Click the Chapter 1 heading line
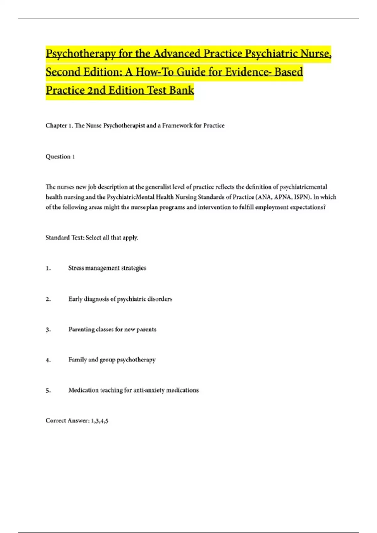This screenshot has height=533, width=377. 135,125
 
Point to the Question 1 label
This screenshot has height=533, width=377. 60,156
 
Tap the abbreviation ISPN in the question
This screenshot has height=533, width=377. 301,197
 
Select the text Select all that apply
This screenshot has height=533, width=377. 112,237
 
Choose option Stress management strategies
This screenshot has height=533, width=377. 107,268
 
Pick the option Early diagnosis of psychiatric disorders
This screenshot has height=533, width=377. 120,299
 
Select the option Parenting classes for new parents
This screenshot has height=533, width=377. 112,329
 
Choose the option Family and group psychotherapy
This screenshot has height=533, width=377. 112,360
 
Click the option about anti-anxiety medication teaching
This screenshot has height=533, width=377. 134,390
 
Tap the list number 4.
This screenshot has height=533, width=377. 48,360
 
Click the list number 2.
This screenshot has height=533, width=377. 48,299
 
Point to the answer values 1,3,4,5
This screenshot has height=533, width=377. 100,421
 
